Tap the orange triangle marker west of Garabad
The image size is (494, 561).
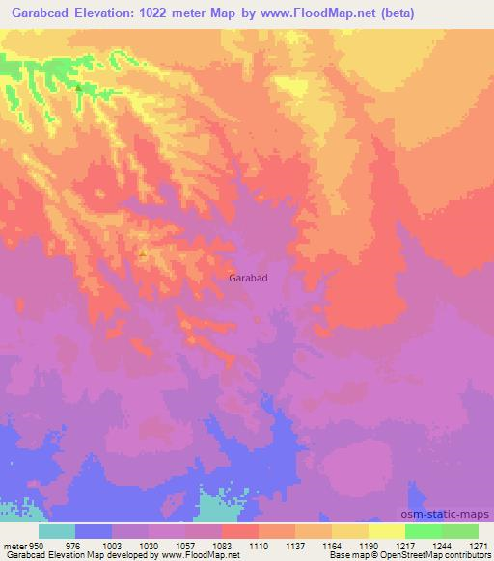tap(143, 254)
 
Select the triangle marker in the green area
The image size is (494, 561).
tap(78, 88)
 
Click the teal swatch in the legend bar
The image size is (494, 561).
tap(57, 531)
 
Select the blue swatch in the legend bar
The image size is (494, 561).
tap(94, 531)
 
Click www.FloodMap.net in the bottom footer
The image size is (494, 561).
tap(199, 555)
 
